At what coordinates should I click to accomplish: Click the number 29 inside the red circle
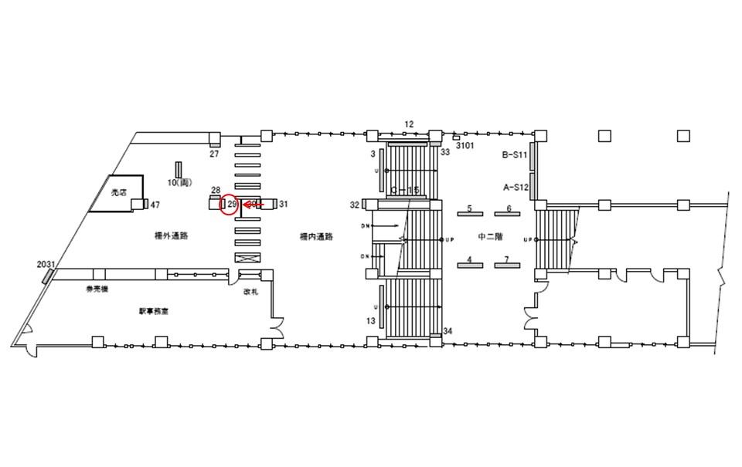pos(230,205)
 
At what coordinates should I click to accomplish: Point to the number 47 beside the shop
pos(155,205)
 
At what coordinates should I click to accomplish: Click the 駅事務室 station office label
pos(155,311)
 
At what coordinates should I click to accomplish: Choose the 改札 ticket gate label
pos(250,291)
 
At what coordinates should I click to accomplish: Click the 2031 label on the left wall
pos(46,264)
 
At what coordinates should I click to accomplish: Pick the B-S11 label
pos(514,155)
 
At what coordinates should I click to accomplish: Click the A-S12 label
pos(515,187)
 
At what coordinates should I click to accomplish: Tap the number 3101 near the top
pos(465,145)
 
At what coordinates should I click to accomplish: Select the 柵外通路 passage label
pos(172,237)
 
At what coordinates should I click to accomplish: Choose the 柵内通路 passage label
pos(317,237)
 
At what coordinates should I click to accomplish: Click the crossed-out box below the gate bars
pos(250,259)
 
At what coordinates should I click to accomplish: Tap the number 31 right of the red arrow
pos(283,204)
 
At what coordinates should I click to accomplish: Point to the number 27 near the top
pos(216,154)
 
